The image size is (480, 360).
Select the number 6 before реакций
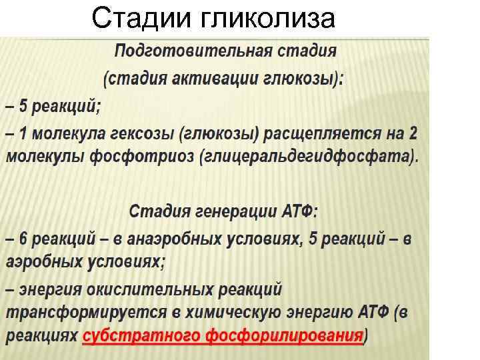coord(23,239)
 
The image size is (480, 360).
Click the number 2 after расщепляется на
coord(413,133)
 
